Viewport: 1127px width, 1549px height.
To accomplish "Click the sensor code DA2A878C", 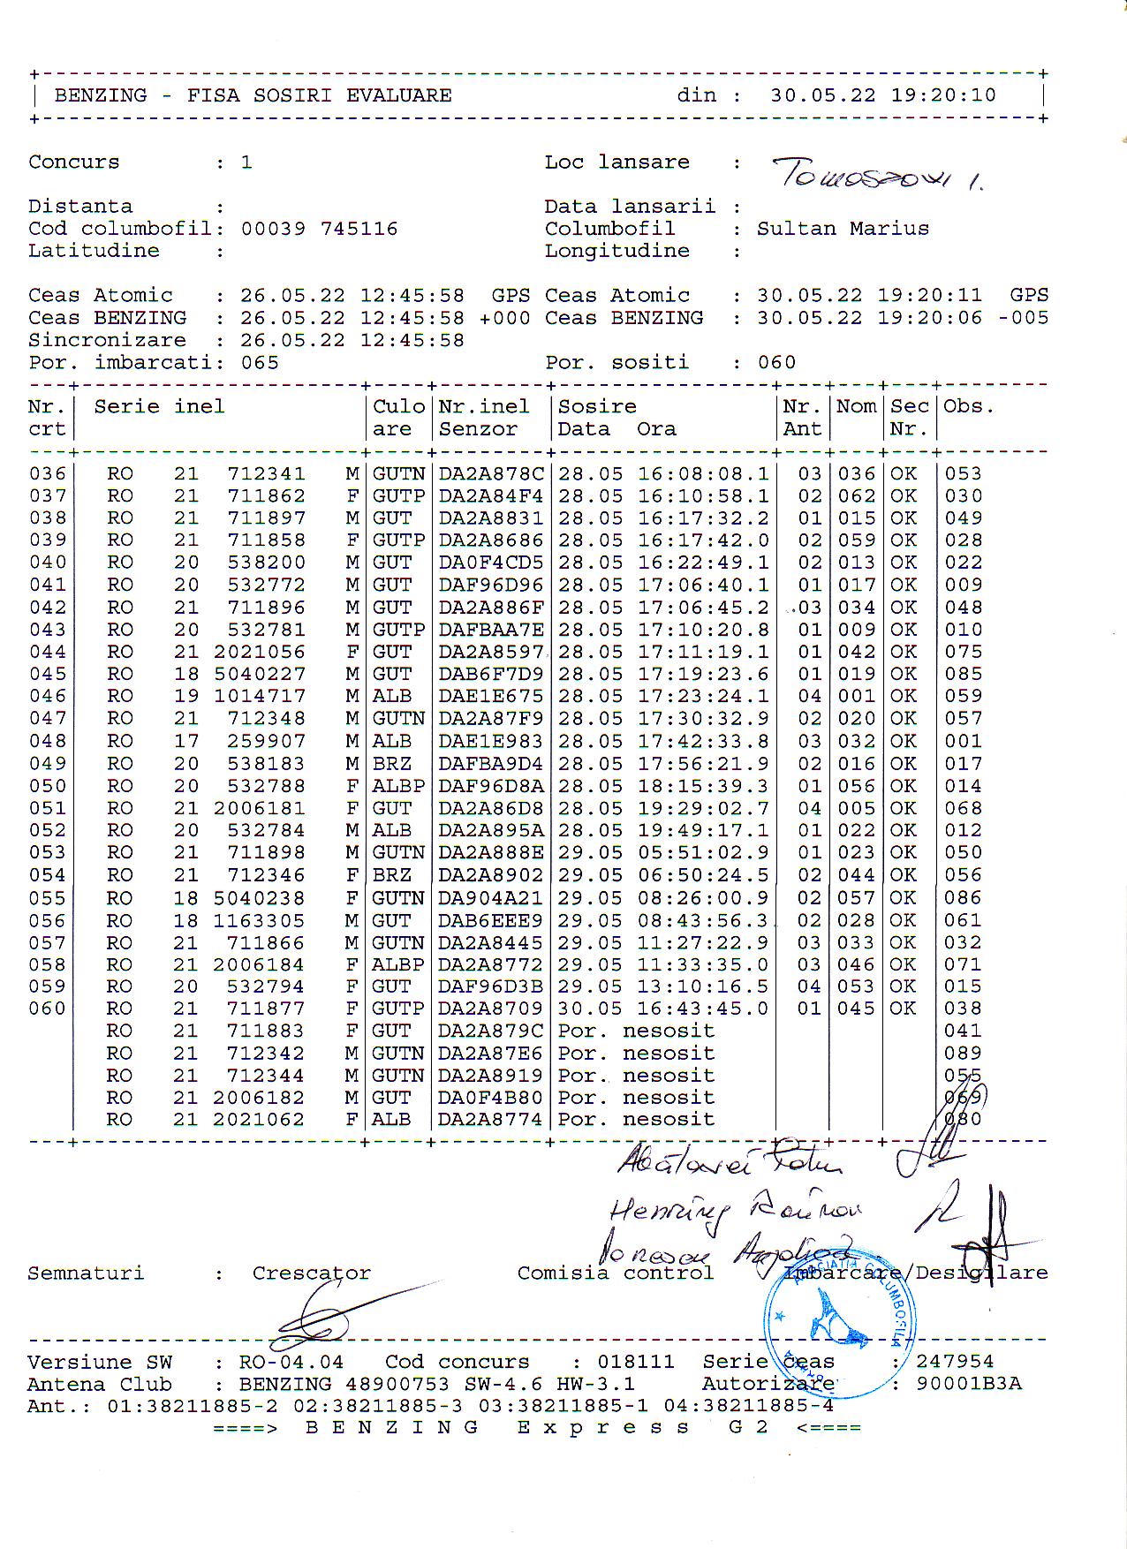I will pyautogui.click(x=491, y=474).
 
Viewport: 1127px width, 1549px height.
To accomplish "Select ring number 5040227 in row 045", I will pyautogui.click(x=260, y=674).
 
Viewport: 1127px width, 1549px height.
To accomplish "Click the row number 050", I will pyautogui.click(x=48, y=786).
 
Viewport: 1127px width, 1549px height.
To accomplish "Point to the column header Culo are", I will pyautogui.click(x=398, y=418).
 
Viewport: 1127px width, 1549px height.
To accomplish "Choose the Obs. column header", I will pyautogui.click(x=969, y=407).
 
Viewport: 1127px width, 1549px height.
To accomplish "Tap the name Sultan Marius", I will pyautogui.click(x=843, y=229).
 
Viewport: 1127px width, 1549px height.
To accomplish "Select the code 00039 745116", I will pyautogui.click(x=319, y=229).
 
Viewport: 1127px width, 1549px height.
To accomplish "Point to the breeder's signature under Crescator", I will pyautogui.click(x=336, y=1315).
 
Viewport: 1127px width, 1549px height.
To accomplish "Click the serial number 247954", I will pyautogui.click(x=955, y=1362).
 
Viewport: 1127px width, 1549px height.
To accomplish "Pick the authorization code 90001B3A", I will pyautogui.click(x=968, y=1384).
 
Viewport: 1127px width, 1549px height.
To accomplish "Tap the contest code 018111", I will pyautogui.click(x=635, y=1362).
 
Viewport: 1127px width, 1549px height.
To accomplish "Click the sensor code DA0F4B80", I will pyautogui.click(x=491, y=1098).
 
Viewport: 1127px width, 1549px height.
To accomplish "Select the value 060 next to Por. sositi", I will pyautogui.click(x=776, y=363).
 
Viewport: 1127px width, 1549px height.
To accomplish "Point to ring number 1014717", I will pyautogui.click(x=260, y=696).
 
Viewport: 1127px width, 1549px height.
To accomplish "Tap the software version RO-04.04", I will pyautogui.click(x=291, y=1362).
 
